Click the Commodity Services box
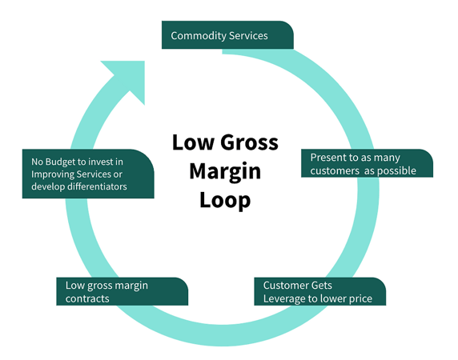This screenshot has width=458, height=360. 227,35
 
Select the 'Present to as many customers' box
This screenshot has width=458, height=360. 367,163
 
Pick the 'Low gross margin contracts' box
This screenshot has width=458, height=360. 123,291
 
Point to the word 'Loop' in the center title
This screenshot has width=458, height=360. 225,200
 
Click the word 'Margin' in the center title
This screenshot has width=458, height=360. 225,171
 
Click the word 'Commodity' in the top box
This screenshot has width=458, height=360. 198,36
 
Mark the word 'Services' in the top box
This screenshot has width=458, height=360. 247,36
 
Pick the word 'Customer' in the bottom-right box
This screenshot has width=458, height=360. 287,286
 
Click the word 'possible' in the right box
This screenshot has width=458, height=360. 397,170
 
